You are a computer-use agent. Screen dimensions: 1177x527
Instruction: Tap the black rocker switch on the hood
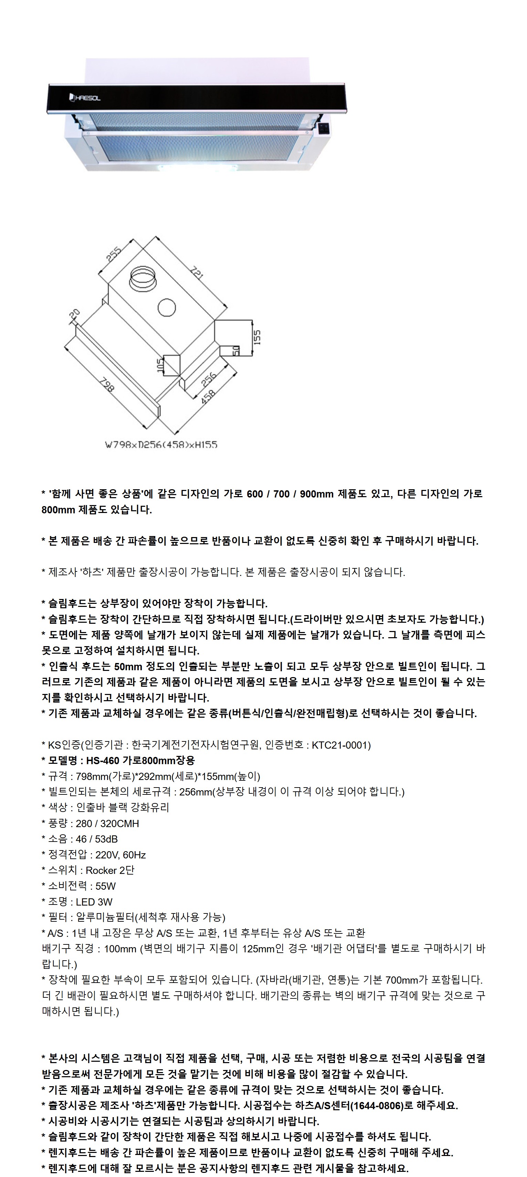324,128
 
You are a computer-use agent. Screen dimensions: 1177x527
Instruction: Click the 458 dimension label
208,396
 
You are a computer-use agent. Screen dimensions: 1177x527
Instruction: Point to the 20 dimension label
74,314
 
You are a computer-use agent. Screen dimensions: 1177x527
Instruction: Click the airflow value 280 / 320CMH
107,823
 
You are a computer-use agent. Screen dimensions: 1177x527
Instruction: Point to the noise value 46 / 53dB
96,839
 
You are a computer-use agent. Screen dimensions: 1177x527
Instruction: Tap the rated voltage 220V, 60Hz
120,854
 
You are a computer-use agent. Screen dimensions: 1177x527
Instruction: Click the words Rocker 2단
110,870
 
